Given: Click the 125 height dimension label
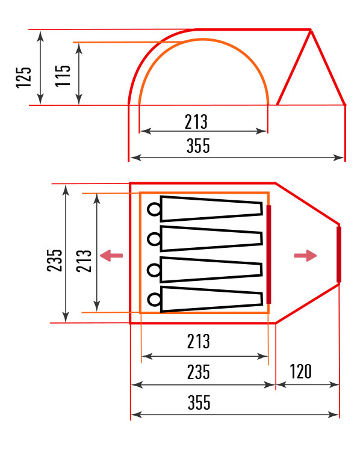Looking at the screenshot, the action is (23, 78).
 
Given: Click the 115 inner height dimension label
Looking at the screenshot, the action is (63, 76).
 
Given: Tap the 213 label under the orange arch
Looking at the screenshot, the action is (196, 122).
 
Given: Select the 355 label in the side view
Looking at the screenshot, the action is (198, 146).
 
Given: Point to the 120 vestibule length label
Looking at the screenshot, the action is (300, 372).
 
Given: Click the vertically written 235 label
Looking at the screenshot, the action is (55, 260).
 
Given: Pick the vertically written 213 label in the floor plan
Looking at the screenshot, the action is (84, 261).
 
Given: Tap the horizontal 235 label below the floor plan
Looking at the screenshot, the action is (199, 372).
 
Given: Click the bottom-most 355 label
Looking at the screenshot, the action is (199, 402).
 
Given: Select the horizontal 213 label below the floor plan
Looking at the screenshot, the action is (199, 342).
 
